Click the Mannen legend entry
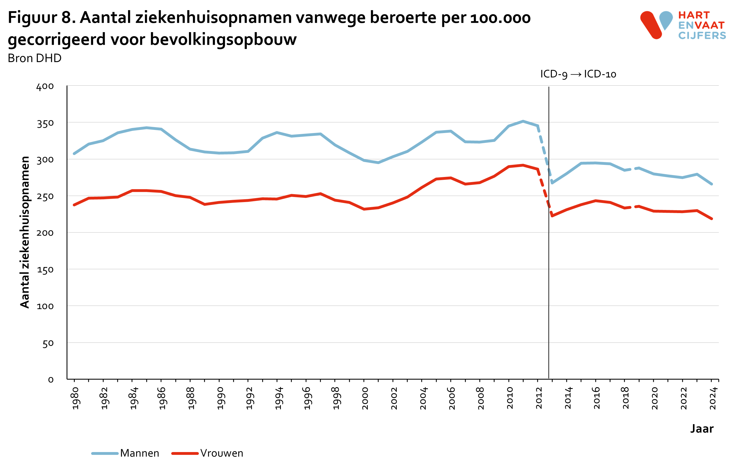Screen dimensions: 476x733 tap(139, 453)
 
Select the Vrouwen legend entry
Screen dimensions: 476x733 tap(221, 453)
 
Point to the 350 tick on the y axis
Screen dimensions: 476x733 tap(45, 124)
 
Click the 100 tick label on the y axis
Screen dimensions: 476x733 tap(45, 306)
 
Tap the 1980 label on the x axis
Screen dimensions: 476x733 tap(76, 398)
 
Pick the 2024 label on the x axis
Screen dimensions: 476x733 tap(713, 398)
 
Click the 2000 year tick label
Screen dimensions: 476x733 tap(365, 398)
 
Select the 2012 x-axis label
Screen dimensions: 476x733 tap(539, 398)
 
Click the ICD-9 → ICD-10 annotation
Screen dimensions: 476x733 tap(578, 74)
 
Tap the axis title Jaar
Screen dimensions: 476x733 tap(702, 429)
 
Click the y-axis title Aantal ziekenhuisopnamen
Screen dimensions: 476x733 tap(25, 232)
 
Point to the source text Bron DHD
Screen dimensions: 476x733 tap(34, 58)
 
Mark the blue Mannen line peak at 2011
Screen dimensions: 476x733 tap(523, 121)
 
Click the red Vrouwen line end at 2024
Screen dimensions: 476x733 tap(712, 219)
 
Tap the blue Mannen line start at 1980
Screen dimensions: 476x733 tap(74, 154)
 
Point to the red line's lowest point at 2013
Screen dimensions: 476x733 tap(552, 216)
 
